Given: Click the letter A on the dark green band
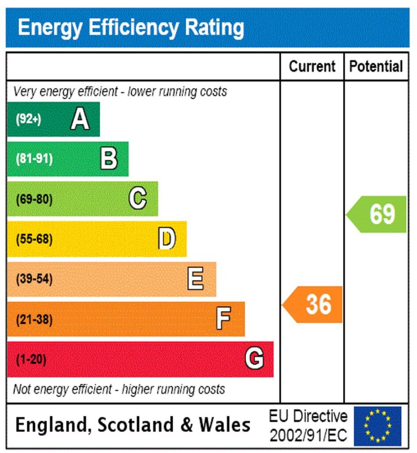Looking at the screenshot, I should point(80,119).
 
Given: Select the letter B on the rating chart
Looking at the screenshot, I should point(109,159).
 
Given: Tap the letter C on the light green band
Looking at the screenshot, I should point(138,199).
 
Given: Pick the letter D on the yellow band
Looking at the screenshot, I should point(167,239).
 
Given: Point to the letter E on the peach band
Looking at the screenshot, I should point(196,279).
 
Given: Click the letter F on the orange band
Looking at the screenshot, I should point(224,319).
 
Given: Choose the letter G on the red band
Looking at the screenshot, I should point(254,359).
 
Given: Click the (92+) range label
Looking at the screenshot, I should point(28,119).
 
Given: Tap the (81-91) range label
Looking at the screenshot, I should point(34,159).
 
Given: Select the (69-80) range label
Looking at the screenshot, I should point(34,200).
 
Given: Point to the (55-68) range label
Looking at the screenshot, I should point(34,239).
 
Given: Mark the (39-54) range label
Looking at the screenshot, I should point(34,280).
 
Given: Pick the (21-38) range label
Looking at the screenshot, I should point(34,319).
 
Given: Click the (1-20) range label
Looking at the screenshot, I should point(31,359).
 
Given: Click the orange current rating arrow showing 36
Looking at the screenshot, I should point(314,304).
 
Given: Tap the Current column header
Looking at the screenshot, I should point(312,66).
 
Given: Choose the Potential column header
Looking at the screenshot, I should point(376,66).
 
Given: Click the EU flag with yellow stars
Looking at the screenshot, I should point(378,426).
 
